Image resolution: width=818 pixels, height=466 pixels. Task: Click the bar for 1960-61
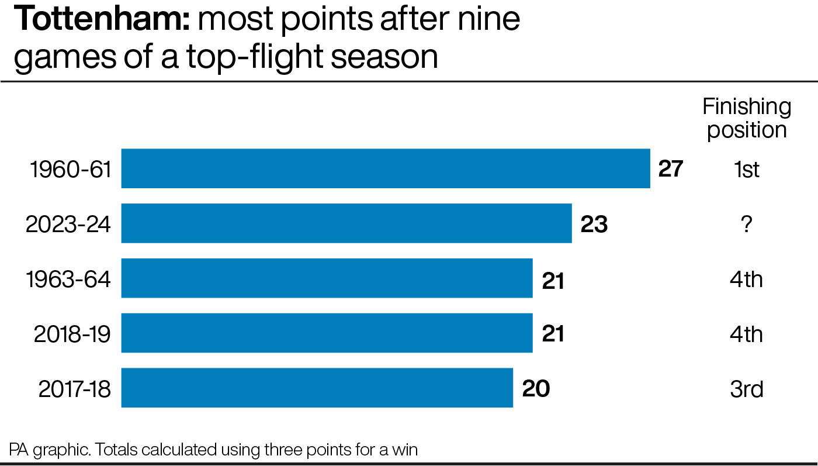(x=386, y=168)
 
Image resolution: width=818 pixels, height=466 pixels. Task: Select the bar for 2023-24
(x=346, y=223)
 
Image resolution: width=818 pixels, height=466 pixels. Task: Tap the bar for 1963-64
(x=327, y=278)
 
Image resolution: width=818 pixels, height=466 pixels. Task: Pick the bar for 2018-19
(x=327, y=333)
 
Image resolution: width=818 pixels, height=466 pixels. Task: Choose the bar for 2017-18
(x=317, y=388)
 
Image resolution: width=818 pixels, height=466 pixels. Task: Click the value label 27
(x=671, y=169)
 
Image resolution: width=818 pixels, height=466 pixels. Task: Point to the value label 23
(x=594, y=224)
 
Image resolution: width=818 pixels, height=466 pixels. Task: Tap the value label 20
(x=536, y=388)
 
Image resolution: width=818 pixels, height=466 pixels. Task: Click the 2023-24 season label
(x=68, y=225)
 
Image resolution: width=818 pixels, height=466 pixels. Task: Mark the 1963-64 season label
(x=68, y=279)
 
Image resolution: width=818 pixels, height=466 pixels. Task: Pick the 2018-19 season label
(x=72, y=334)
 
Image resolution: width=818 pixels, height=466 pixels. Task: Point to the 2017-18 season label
(x=75, y=389)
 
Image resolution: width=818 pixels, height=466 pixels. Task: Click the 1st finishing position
(x=747, y=170)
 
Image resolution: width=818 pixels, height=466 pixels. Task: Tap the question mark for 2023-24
(x=747, y=225)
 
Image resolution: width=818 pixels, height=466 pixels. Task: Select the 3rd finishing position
(x=747, y=389)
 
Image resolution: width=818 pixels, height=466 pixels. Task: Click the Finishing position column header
(x=747, y=118)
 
